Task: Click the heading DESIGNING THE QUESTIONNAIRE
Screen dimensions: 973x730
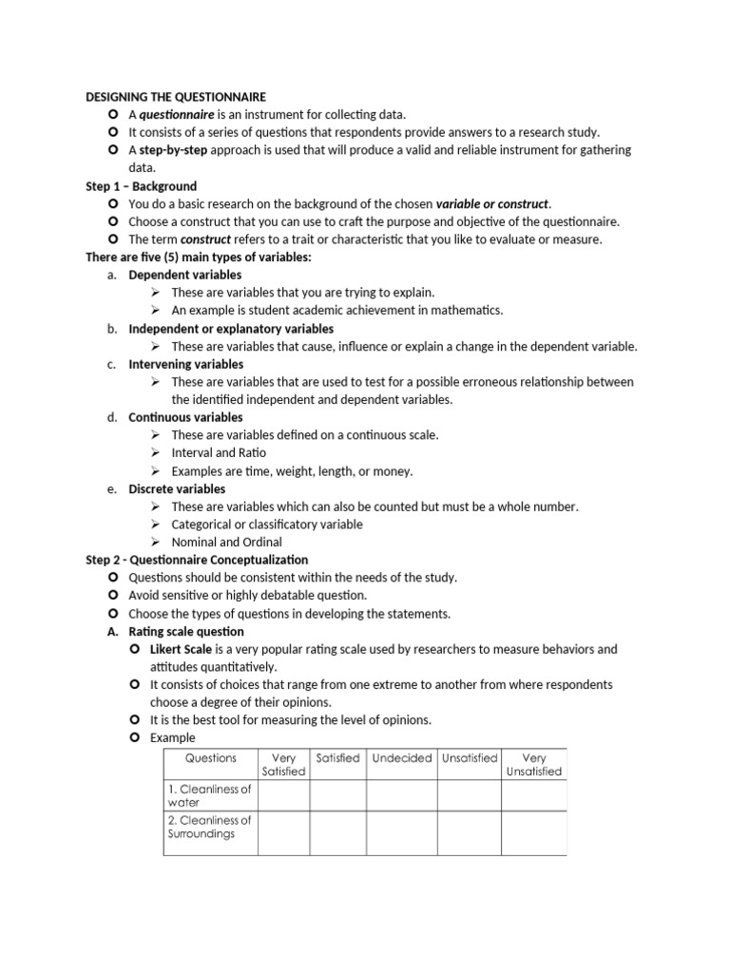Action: (176, 97)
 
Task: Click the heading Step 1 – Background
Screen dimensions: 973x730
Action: (141, 186)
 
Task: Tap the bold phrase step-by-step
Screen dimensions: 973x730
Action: (173, 150)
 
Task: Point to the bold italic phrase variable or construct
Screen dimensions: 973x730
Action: (491, 204)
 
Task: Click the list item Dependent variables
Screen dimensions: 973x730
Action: (184, 275)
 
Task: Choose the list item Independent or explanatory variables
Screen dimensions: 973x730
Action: (231, 329)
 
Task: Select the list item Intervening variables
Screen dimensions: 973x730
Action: (185, 364)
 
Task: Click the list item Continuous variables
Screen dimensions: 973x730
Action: (185, 417)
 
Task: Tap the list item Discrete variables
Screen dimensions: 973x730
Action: (177, 489)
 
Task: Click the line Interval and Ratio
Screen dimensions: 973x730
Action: (219, 453)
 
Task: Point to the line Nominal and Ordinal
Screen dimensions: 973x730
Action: (226, 542)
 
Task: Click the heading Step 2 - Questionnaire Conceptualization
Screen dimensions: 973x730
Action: (197, 560)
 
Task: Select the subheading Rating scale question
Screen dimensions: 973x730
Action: (186, 631)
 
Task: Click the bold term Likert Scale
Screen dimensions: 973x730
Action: (181, 649)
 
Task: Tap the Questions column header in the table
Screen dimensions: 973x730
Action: (210, 758)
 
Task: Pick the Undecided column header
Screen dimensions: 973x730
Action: (401, 758)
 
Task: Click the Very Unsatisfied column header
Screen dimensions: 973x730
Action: (533, 765)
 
